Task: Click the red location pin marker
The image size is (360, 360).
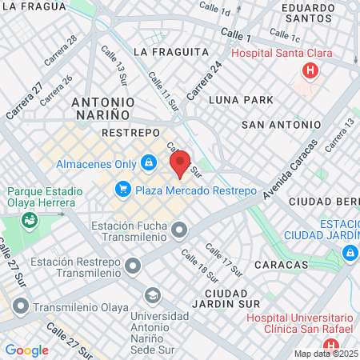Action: [180, 162]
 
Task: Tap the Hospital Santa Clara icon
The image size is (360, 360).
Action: [309, 71]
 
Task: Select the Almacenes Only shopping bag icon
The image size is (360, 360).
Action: [148, 164]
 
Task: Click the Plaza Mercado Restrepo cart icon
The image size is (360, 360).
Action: [122, 190]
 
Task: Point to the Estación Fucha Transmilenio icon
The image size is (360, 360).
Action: [179, 233]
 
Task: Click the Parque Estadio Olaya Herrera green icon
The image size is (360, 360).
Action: [30, 218]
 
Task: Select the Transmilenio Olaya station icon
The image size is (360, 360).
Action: [20, 306]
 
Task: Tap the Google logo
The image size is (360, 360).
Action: [27, 350]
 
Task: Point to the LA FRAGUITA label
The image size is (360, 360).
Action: [171, 51]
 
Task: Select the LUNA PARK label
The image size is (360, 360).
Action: [241, 100]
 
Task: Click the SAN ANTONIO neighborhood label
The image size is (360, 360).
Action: [281, 125]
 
